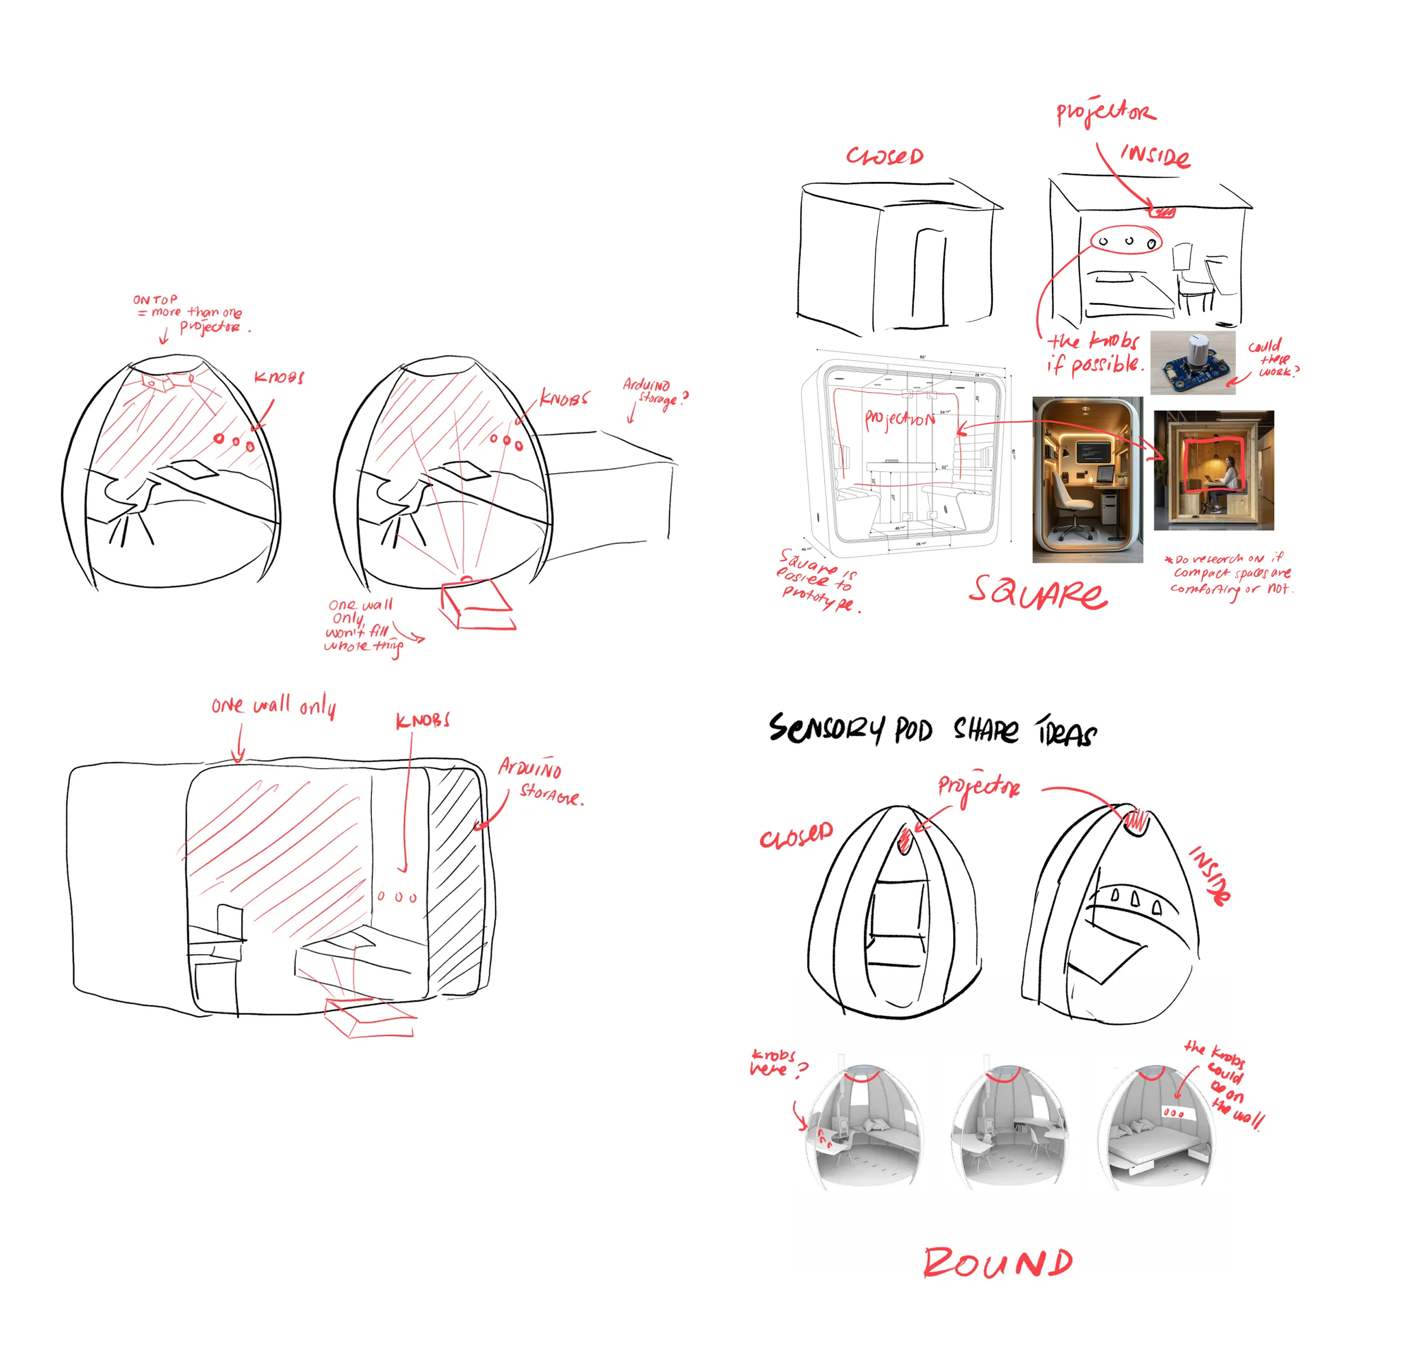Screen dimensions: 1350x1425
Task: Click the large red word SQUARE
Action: (1037, 593)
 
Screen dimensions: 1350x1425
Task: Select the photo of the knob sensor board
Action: (1192, 363)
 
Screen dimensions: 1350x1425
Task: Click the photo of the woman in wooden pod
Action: (1213, 471)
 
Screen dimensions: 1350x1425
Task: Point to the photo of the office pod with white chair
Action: (1087, 479)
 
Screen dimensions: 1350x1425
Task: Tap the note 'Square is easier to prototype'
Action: (818, 580)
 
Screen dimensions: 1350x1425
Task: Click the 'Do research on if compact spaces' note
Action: (1230, 574)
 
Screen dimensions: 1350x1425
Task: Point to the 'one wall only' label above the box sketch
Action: (273, 705)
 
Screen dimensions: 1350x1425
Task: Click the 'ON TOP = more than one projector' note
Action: (190, 314)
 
